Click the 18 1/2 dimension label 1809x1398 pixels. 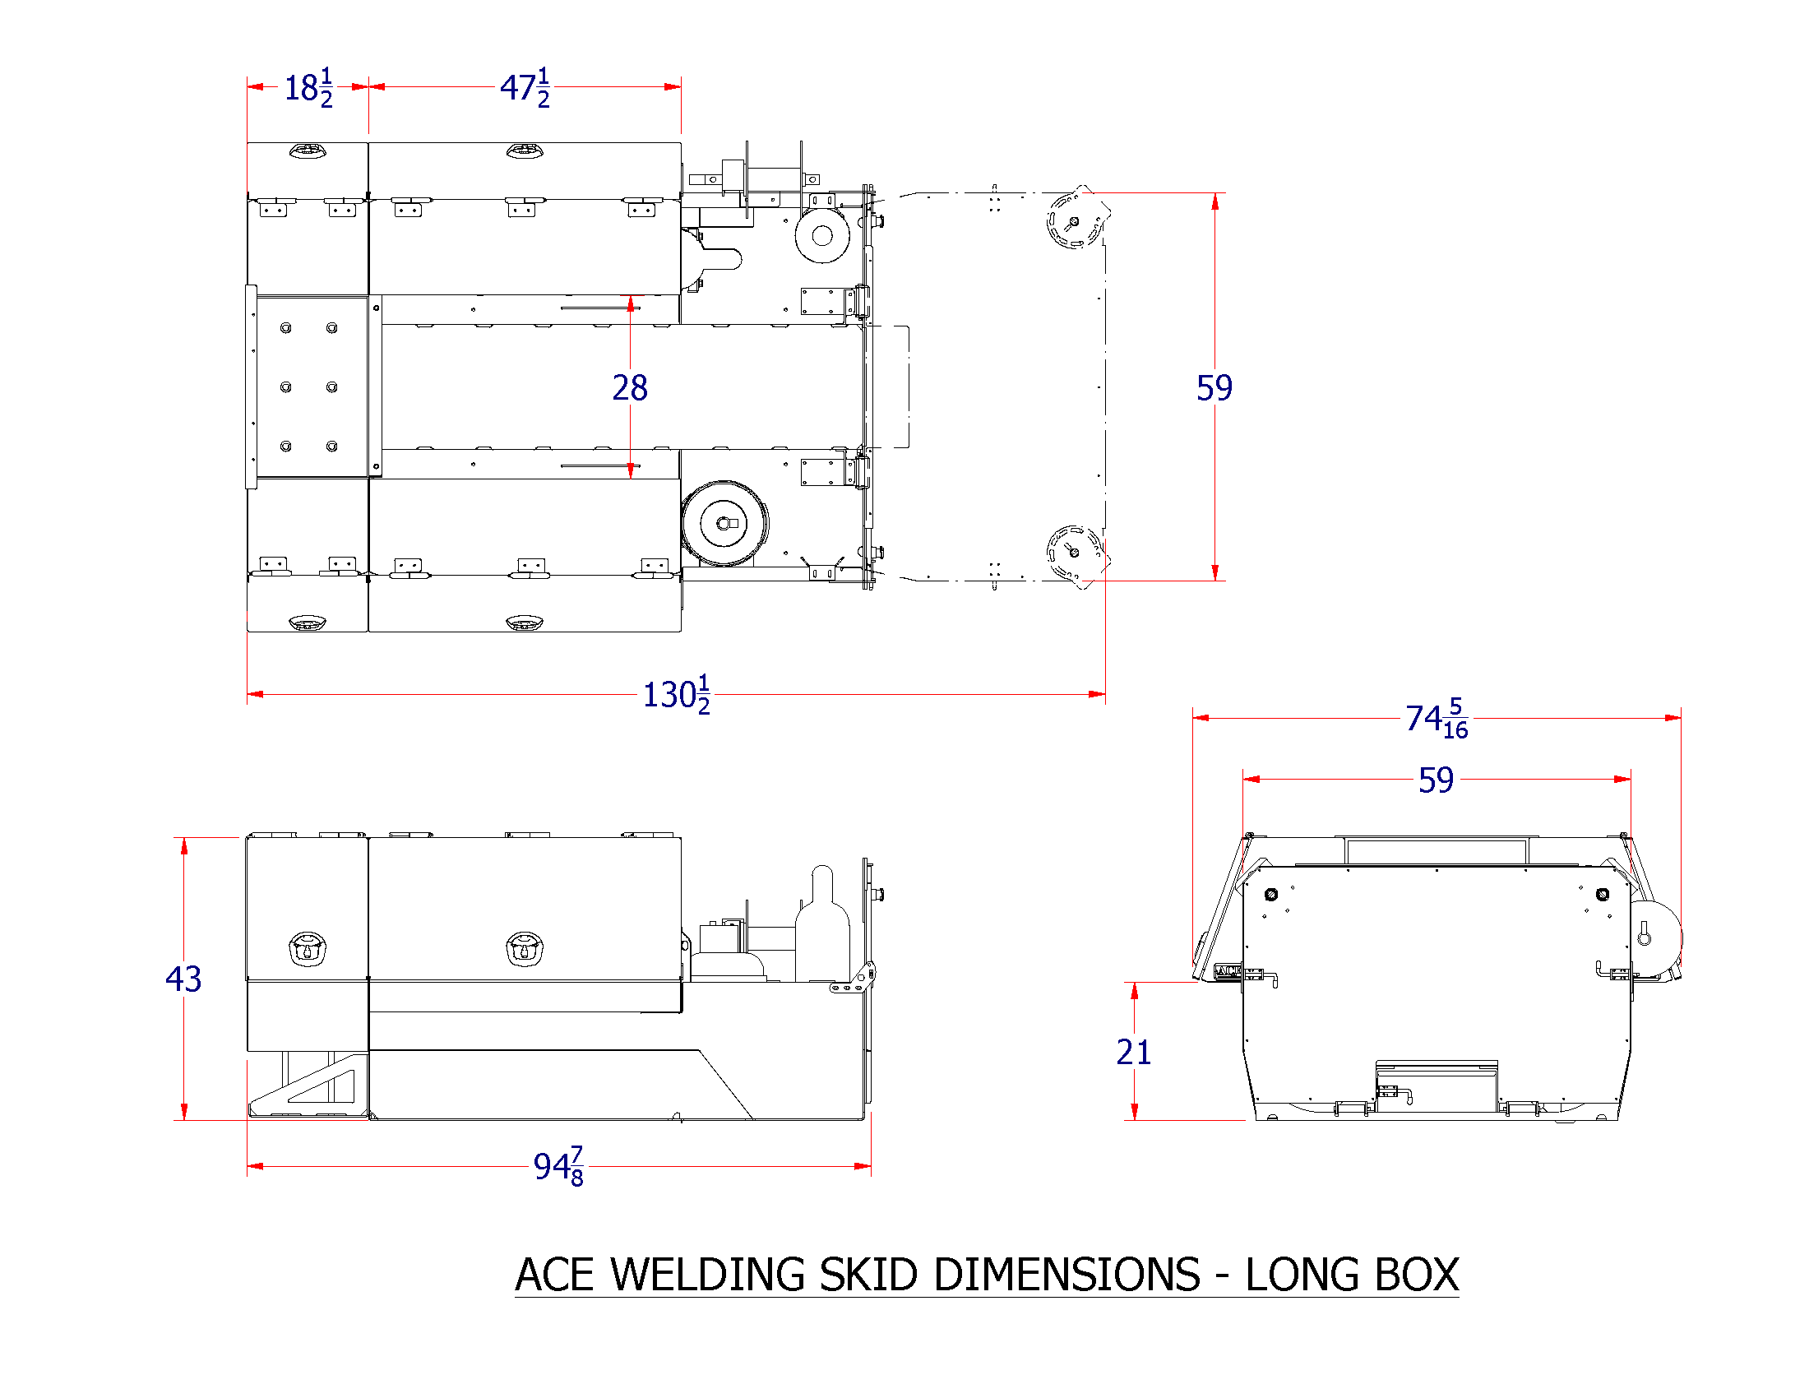[308, 87]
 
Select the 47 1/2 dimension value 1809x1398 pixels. [524, 87]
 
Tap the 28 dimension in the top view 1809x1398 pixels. [630, 387]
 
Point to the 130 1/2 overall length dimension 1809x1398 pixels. [676, 694]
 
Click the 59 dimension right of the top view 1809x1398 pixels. [1214, 387]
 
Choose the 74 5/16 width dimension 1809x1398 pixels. [1436, 718]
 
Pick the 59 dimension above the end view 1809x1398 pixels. [1436, 780]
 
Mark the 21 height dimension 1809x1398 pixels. [1133, 1052]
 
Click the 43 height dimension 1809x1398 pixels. [183, 979]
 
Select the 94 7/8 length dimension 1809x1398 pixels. [558, 1166]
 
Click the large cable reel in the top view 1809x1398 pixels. [724, 523]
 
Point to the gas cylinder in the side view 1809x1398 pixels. [821, 928]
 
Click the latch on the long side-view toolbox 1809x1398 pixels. [524, 949]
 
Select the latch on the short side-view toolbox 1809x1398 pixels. [308, 949]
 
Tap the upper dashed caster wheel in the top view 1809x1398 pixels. [1075, 220]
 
